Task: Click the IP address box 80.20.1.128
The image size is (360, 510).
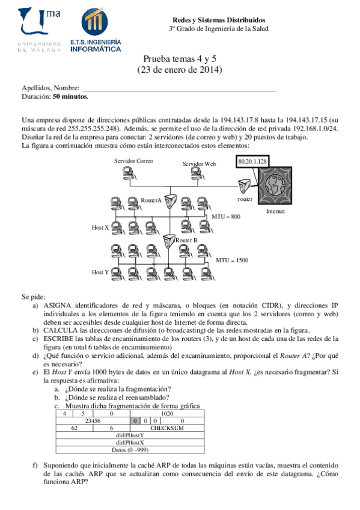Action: (x=252, y=161)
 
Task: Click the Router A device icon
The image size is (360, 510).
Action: (x=171, y=200)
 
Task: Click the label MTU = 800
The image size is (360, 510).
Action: (x=226, y=215)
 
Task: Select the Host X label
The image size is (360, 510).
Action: (x=100, y=227)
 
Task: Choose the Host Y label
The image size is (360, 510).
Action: (x=100, y=272)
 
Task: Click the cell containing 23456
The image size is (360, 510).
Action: (x=93, y=421)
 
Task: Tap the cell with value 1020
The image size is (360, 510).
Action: (x=168, y=414)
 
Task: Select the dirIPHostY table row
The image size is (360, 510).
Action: (x=130, y=435)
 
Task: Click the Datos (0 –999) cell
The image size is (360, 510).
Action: (x=130, y=450)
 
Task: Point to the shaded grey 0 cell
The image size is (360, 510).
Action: (x=136, y=421)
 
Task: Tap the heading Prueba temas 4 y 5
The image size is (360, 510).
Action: (x=180, y=59)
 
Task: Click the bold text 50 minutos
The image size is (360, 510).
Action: (x=70, y=96)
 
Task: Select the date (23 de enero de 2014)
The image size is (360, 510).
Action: (x=180, y=70)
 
